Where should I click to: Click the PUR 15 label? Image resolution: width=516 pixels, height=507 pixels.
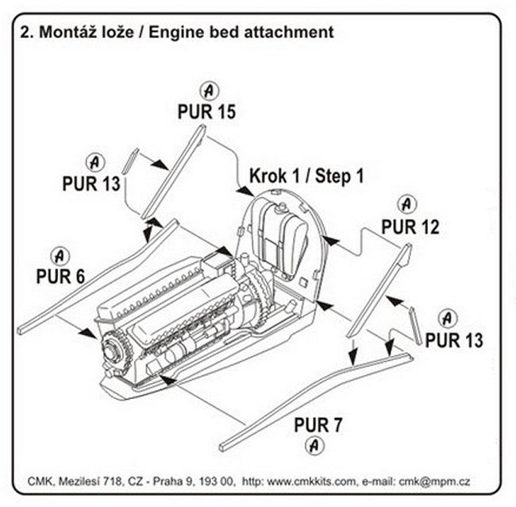tap(206, 111)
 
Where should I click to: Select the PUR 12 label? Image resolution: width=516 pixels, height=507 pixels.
tap(409, 228)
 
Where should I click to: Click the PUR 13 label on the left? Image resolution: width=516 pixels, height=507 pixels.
tap(91, 184)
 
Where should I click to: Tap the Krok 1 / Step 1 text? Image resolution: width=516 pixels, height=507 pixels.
tap(306, 175)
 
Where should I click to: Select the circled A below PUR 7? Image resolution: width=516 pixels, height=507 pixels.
tap(316, 444)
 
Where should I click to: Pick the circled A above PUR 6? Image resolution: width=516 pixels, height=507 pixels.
tap(59, 256)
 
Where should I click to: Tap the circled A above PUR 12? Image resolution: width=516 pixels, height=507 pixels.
tap(408, 204)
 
